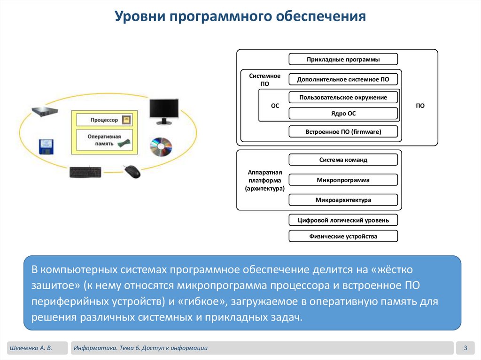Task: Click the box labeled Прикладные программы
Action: pyautogui.click(x=343, y=59)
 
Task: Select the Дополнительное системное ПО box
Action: pyautogui.click(x=343, y=79)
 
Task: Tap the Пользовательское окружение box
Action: pyautogui.click(x=343, y=97)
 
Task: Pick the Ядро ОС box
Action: pyautogui.click(x=343, y=114)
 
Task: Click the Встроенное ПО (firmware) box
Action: pyautogui.click(x=343, y=132)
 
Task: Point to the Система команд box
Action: pyautogui.click(x=343, y=160)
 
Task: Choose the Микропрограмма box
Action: pyautogui.click(x=343, y=180)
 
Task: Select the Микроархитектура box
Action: pyautogui.click(x=343, y=200)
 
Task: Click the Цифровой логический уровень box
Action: pyautogui.click(x=343, y=220)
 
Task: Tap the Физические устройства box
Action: pyautogui.click(x=343, y=236)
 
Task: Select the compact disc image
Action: pyautogui.click(x=161, y=147)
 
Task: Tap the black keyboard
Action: pyautogui.click(x=85, y=172)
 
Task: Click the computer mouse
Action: pyautogui.click(x=132, y=171)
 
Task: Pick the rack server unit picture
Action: pyautogui.click(x=45, y=112)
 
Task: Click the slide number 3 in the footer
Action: pyautogui.click(x=465, y=348)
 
